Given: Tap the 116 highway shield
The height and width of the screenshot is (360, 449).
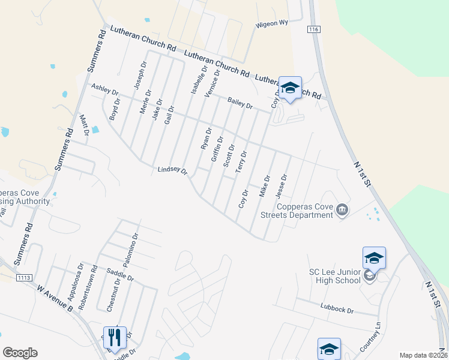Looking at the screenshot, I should [x=313, y=29].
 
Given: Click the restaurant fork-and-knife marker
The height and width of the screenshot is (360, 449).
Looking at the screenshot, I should [x=114, y=337].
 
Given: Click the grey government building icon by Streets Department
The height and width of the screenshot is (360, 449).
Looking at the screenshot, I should [x=342, y=209].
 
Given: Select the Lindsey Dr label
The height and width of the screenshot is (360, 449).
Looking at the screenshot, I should [x=172, y=171].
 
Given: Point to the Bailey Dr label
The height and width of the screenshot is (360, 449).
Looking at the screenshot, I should [x=240, y=103].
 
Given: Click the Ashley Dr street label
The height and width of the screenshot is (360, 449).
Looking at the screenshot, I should [x=104, y=89].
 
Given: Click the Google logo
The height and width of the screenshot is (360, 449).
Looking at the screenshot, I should [x=20, y=353].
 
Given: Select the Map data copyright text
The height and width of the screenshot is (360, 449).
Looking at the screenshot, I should [x=422, y=355].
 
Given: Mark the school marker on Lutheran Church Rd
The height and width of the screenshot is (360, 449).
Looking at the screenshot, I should [x=290, y=88].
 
